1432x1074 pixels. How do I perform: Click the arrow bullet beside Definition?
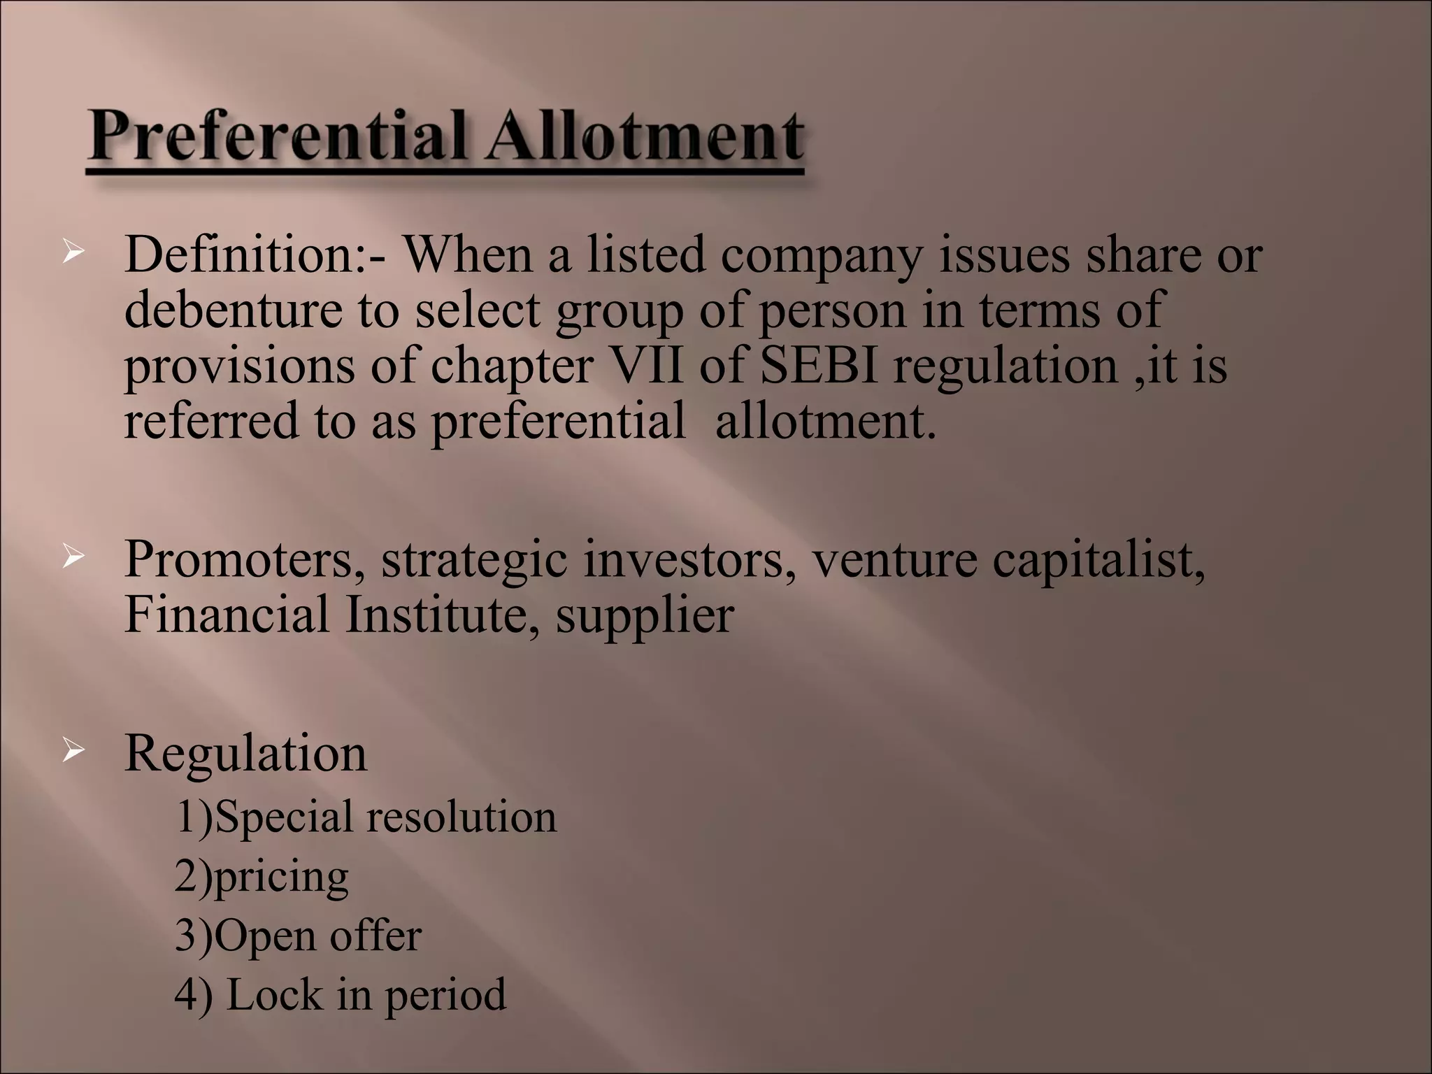pyautogui.click(x=72, y=252)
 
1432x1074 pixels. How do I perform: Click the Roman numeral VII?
pyautogui.click(x=647, y=366)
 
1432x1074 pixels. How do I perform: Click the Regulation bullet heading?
pyautogui.click(x=245, y=754)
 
